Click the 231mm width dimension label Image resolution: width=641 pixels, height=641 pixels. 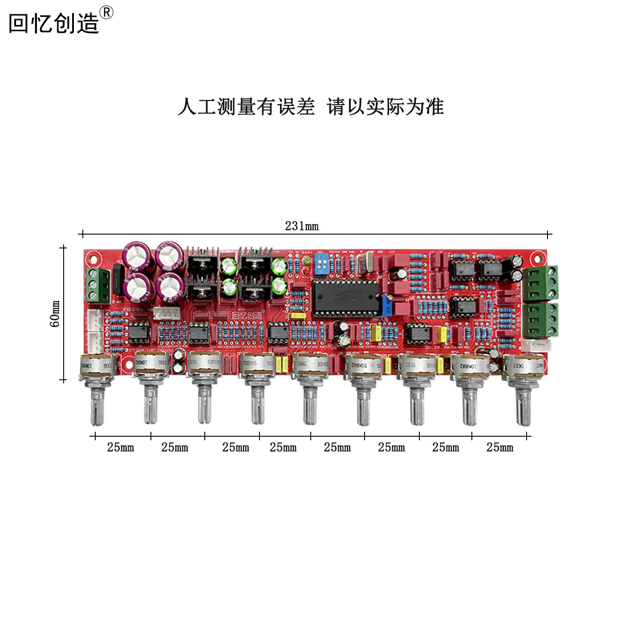[301, 226]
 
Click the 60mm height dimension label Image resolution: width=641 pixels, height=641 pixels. [55, 313]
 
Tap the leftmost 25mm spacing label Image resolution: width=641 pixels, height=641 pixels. [120, 447]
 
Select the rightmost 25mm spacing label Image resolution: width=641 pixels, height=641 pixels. [499, 447]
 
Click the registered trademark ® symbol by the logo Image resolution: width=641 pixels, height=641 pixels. [106, 12]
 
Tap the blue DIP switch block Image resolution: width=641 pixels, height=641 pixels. [321, 264]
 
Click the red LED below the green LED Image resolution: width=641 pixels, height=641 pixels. [306, 270]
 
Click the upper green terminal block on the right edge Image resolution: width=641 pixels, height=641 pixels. [540, 283]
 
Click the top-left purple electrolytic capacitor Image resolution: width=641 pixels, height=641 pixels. [138, 256]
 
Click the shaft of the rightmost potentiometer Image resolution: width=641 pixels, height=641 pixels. [523, 406]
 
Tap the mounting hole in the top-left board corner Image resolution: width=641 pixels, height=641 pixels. [93, 258]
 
